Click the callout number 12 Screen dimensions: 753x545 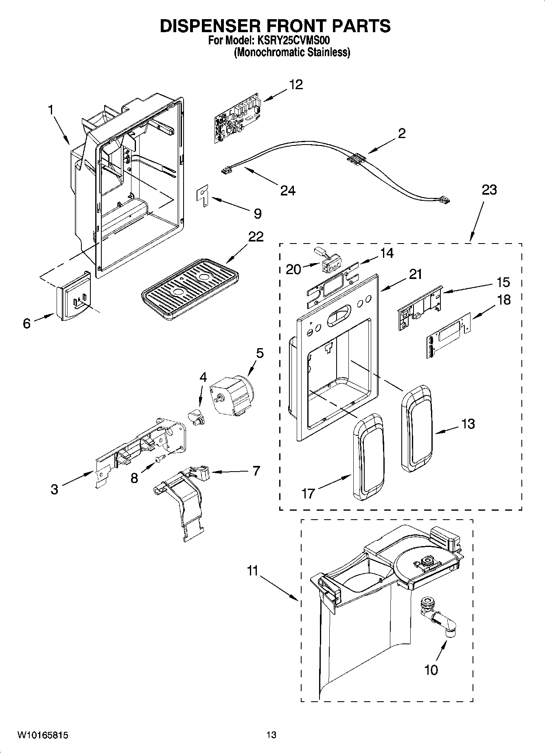(296, 85)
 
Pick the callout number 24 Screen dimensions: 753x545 (287, 190)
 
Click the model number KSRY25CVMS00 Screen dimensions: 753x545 (292, 41)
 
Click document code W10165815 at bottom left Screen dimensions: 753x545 (42, 735)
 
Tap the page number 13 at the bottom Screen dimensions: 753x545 (271, 735)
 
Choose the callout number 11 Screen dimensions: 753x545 (252, 571)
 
